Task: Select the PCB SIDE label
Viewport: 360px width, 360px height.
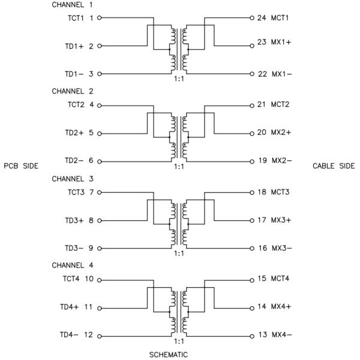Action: click(21, 166)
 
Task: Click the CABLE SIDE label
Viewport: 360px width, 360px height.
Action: click(334, 166)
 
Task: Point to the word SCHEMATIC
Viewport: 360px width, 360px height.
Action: click(168, 354)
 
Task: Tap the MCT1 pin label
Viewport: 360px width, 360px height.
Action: click(280, 18)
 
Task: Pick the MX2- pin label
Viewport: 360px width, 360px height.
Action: click(280, 161)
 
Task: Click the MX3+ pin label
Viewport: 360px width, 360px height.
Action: click(280, 220)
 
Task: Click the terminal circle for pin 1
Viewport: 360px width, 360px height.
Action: click(100, 18)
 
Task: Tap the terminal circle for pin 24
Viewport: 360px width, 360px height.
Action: click(252, 18)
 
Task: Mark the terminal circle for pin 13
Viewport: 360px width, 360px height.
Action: click(252, 335)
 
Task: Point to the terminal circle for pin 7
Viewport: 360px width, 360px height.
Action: click(100, 193)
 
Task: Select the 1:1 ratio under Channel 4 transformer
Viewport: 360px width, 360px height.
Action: click(178, 341)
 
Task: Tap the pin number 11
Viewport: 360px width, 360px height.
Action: click(89, 307)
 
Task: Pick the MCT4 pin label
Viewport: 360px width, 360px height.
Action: click(280, 278)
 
